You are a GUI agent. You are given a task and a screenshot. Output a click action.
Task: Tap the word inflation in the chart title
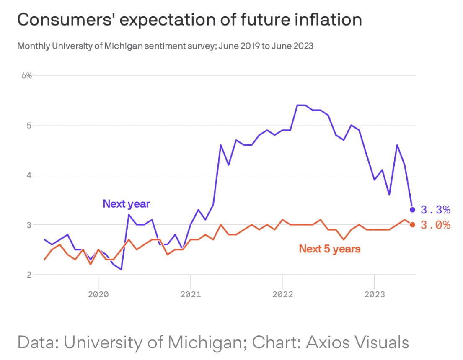(327, 20)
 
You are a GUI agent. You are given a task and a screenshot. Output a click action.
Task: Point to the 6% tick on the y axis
(27, 75)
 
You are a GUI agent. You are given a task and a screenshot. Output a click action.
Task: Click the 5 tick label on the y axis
(29, 125)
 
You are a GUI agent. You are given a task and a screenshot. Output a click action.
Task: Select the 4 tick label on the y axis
(29, 175)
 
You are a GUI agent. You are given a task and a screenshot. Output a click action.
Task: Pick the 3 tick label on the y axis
(29, 225)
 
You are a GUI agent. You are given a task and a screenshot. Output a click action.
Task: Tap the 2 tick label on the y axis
(29, 275)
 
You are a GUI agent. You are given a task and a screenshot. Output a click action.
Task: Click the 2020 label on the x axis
(98, 294)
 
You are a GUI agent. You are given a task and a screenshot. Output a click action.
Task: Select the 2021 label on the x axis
(190, 294)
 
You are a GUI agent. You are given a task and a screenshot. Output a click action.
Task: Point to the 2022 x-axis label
(282, 294)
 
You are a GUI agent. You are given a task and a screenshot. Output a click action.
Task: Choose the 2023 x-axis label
(374, 294)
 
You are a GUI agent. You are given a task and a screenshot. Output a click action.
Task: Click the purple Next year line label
(126, 204)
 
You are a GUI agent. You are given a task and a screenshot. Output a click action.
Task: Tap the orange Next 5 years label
(329, 249)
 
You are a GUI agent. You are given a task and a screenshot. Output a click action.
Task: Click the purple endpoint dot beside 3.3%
(412, 209)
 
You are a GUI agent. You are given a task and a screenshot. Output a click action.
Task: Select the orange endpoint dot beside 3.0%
(412, 225)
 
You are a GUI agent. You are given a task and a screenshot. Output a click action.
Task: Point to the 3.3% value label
(435, 209)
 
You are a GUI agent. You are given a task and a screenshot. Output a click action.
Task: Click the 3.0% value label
(435, 225)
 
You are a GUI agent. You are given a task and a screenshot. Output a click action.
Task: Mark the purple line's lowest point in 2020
(121, 269)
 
